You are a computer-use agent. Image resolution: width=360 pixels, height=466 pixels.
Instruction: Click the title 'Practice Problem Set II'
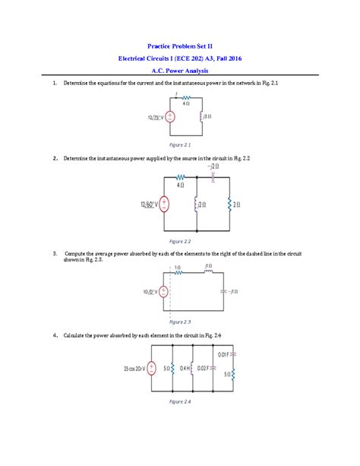point(180,46)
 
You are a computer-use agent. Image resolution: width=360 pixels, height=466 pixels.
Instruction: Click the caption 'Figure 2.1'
point(180,144)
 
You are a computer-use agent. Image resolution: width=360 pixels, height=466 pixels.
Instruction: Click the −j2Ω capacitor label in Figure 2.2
point(214,166)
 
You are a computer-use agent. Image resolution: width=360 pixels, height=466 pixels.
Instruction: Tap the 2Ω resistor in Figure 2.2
point(230,204)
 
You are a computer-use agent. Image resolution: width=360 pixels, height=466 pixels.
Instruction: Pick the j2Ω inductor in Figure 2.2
point(197,204)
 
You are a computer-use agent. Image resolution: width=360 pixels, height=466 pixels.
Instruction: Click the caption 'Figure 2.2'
point(180,240)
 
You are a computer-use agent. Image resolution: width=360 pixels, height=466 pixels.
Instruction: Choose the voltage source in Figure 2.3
point(163,292)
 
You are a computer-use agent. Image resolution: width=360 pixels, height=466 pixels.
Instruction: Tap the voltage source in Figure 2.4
point(153,369)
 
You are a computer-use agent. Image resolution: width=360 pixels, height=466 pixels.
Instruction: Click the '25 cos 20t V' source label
point(133,369)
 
